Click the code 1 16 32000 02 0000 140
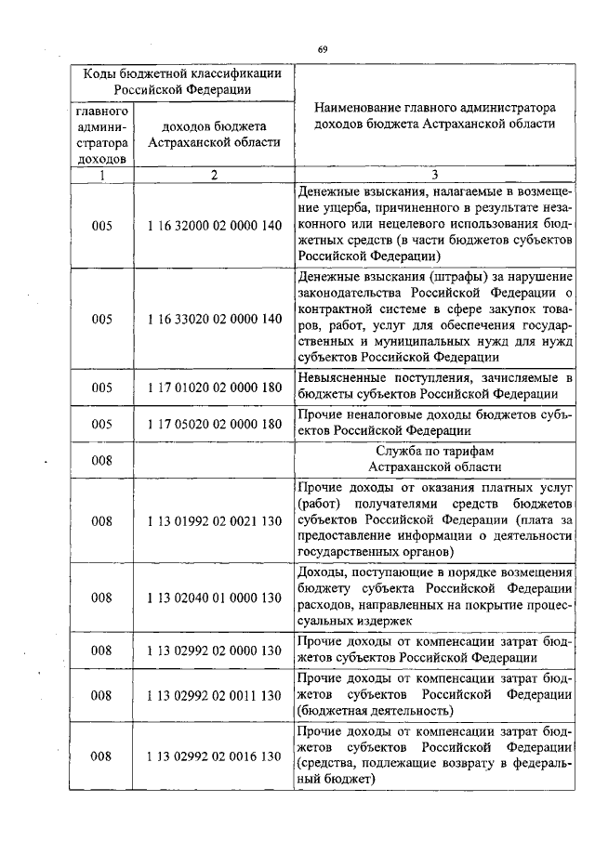(x=214, y=226)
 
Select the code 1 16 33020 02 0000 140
(x=214, y=319)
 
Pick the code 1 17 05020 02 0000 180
(x=214, y=425)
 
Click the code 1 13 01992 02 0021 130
(x=214, y=521)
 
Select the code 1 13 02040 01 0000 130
(x=214, y=598)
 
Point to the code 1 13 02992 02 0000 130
(x=214, y=650)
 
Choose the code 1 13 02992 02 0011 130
(x=214, y=695)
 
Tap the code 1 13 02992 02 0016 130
(x=214, y=756)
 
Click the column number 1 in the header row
(x=103, y=175)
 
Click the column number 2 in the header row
(x=214, y=175)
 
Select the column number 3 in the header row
(x=434, y=175)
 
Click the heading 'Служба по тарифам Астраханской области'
(x=434, y=459)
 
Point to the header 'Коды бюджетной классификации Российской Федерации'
(x=182, y=81)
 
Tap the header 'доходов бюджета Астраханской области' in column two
(x=214, y=134)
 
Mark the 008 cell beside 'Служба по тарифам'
(x=103, y=459)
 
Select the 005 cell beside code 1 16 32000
(x=103, y=226)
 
